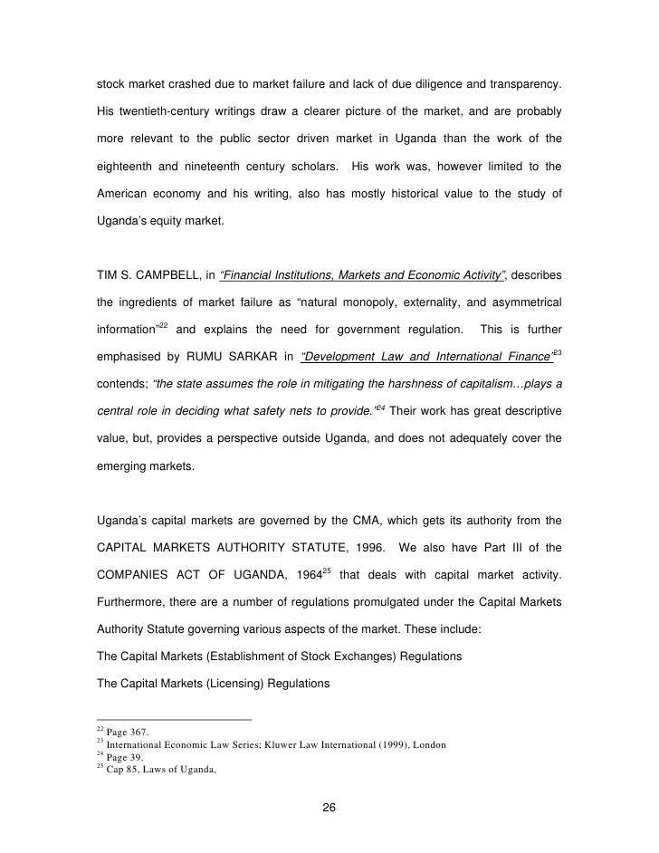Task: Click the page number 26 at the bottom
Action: tap(329, 809)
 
